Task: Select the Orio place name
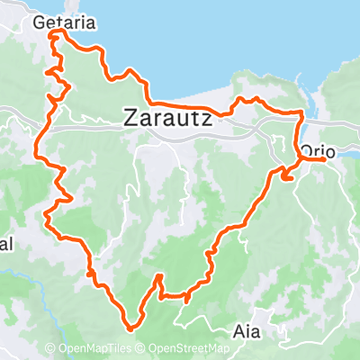[x=318, y=151]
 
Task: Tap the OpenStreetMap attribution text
[x=187, y=348]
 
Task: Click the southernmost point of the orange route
[x=131, y=328]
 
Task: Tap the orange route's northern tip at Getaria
[x=59, y=32]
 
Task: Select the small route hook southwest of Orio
[x=287, y=177]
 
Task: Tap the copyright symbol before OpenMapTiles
[x=50, y=348]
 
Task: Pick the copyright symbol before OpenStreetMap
[x=141, y=348]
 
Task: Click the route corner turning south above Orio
[x=301, y=112]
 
